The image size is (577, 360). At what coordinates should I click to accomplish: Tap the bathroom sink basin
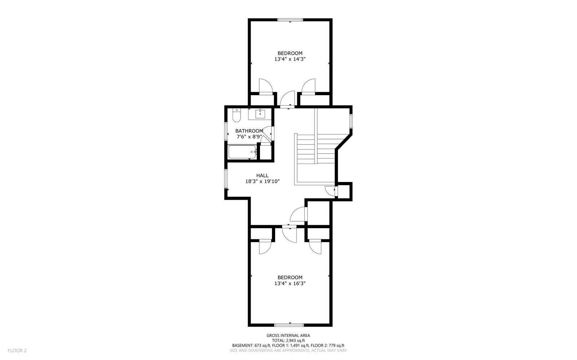(x=260, y=114)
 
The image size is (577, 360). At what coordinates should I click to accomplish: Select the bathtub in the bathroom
(x=242, y=152)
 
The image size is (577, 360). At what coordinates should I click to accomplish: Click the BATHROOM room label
(x=249, y=131)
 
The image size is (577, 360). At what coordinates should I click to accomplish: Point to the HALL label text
(x=262, y=175)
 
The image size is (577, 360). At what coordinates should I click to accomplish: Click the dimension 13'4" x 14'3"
(x=290, y=59)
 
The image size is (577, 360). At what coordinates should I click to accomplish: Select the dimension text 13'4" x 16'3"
(x=290, y=283)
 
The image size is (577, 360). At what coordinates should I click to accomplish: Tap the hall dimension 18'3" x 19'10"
(x=262, y=181)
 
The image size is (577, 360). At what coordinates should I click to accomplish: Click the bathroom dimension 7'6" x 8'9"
(x=249, y=137)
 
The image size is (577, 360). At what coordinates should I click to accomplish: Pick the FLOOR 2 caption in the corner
(x=17, y=350)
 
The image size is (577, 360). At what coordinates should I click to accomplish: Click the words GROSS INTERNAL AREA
(x=288, y=335)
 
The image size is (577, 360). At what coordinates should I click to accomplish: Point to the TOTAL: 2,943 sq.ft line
(x=288, y=340)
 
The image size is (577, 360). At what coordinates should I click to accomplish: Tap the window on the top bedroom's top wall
(x=290, y=20)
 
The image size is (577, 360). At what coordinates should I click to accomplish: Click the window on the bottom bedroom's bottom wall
(x=290, y=325)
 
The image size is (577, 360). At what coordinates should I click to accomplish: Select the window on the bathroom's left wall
(x=226, y=132)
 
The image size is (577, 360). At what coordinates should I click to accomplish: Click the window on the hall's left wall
(x=226, y=179)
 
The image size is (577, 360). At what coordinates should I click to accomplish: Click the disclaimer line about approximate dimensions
(x=288, y=350)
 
